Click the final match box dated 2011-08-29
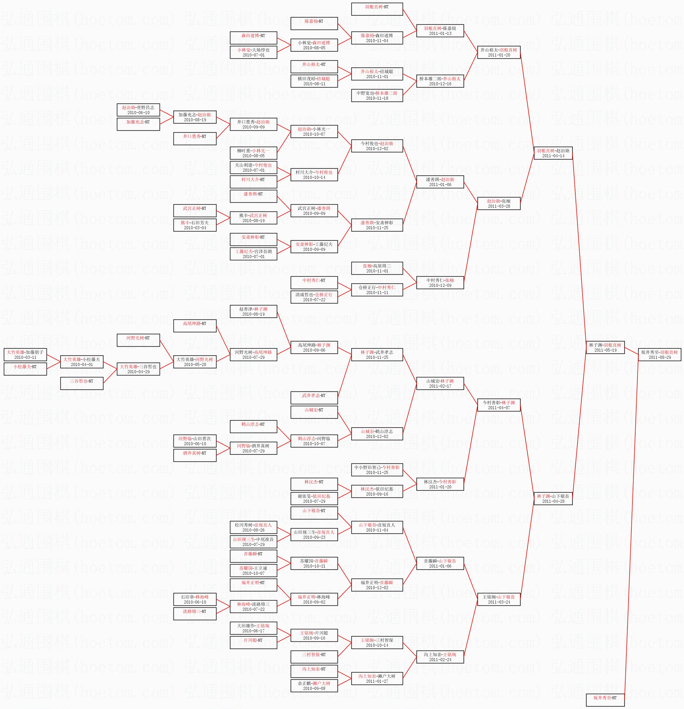(x=659, y=354)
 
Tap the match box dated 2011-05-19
(x=605, y=347)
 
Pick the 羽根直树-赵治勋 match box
(x=553, y=153)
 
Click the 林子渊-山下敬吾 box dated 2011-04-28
(x=553, y=499)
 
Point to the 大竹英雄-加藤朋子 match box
(x=25, y=354)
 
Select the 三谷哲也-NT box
(x=81, y=383)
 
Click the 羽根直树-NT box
(x=377, y=9)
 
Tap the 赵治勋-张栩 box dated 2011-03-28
(x=499, y=203)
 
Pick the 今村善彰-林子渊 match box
(x=499, y=405)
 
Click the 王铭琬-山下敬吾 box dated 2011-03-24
(x=499, y=599)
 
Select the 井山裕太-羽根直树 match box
(x=499, y=52)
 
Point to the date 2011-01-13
(x=440, y=33)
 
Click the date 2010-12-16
(x=440, y=84)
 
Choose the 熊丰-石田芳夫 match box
(x=195, y=225)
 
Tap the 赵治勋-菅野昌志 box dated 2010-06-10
(x=138, y=110)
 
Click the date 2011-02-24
(x=440, y=659)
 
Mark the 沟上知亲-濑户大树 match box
(x=377, y=679)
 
